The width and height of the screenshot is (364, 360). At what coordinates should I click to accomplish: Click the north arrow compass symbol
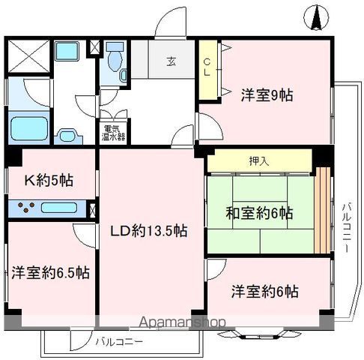point(315,17)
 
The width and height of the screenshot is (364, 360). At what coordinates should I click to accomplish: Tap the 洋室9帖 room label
point(267,95)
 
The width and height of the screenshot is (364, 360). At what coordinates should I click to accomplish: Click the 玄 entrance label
point(172,62)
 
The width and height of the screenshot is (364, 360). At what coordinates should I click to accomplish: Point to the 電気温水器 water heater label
point(115,133)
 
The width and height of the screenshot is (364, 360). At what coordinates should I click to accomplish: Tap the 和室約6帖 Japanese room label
point(260,211)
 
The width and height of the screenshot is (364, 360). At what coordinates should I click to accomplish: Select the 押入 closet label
point(258,160)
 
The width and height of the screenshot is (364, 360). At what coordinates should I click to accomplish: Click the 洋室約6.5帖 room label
point(50,272)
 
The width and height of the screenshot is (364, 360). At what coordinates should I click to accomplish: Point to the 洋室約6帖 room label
point(264,291)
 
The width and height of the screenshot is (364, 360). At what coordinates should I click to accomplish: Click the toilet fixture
point(115,64)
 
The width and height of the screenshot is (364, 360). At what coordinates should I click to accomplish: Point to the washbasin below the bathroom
point(68,136)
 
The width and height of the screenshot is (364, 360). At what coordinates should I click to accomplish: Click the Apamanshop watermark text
point(180,323)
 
